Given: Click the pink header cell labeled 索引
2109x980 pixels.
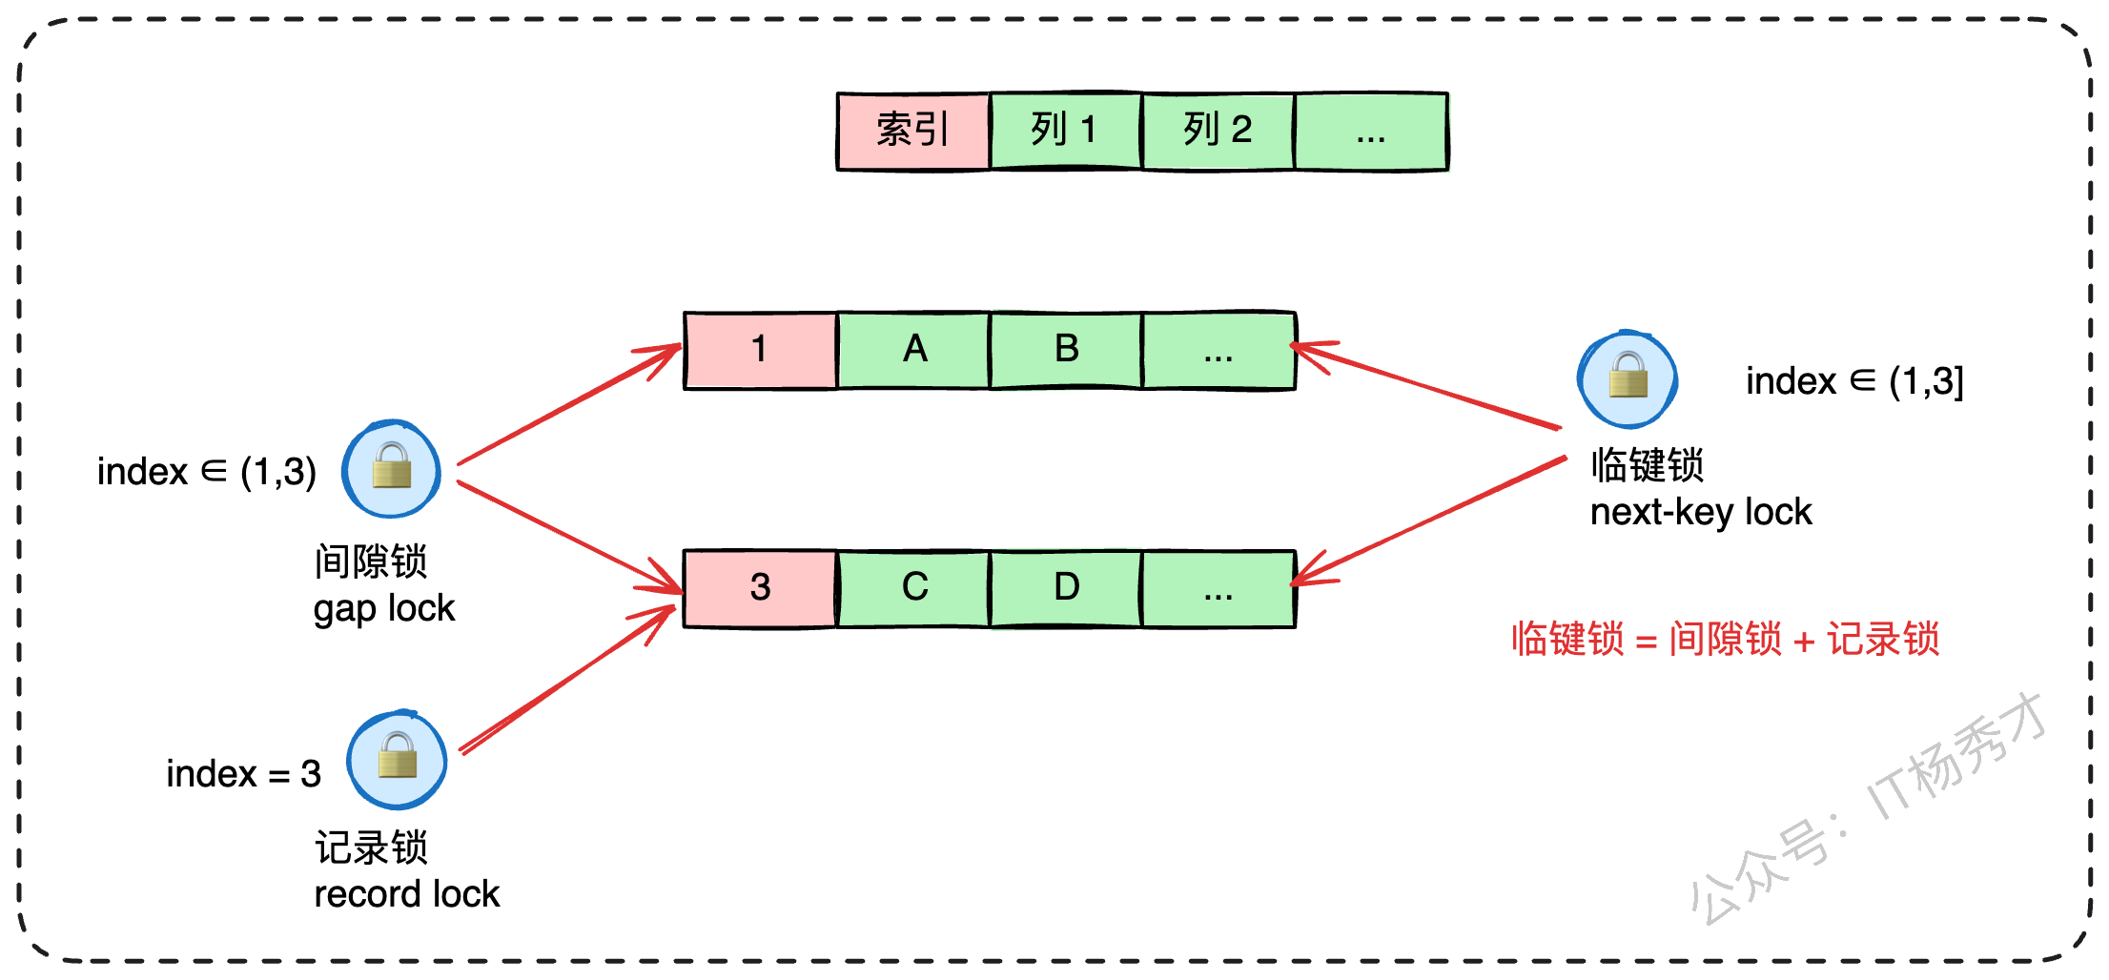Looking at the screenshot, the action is [x=913, y=132].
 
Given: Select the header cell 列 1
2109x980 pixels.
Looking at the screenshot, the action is [x=1066, y=131].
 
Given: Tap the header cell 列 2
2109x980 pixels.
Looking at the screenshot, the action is [x=1218, y=131].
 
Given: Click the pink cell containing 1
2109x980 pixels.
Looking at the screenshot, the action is [x=761, y=350].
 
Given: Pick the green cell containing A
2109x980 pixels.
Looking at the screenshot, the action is [x=913, y=350].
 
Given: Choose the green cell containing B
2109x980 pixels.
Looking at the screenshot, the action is [x=1066, y=350].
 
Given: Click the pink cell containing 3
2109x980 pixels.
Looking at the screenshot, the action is [x=761, y=588].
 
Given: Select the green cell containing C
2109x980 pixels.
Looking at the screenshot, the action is [x=913, y=588].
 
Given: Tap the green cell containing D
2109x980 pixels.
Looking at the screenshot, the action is [x=1066, y=588].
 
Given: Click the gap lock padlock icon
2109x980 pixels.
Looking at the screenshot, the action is [x=392, y=469].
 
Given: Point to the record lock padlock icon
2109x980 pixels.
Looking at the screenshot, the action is [x=397, y=760].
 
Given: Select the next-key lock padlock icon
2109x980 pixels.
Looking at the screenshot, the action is [x=1628, y=378].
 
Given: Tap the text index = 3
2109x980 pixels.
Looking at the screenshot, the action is [x=244, y=773].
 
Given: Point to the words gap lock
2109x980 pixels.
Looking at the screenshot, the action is [x=384, y=609].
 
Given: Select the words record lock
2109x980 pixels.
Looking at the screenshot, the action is [x=407, y=894].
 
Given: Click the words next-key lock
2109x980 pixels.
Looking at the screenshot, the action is [x=1701, y=513].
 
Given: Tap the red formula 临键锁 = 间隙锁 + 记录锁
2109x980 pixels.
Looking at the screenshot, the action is [x=1726, y=639].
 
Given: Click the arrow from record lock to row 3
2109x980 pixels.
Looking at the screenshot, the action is [x=568, y=680].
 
